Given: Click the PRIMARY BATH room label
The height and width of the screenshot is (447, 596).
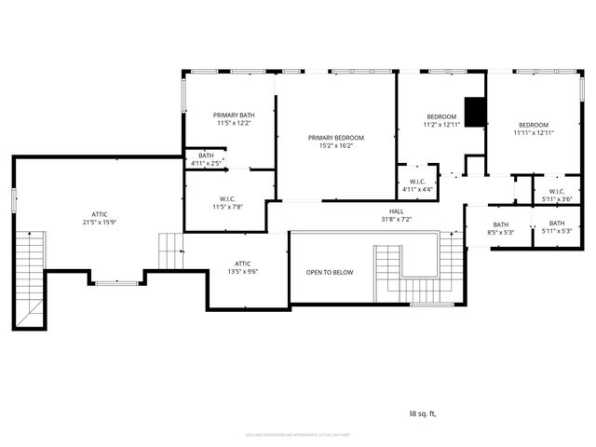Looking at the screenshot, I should pyautogui.click(x=233, y=115).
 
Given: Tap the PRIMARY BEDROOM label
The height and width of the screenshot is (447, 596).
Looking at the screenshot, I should pyautogui.click(x=336, y=138).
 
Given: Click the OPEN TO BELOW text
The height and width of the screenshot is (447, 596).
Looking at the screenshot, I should pyautogui.click(x=330, y=272).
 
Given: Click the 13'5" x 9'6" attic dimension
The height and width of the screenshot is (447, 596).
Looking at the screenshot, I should pyautogui.click(x=242, y=271).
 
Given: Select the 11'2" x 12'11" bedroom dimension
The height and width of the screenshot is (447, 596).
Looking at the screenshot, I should pyautogui.click(x=442, y=124).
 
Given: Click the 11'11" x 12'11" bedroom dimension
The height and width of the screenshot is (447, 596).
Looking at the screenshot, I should pyautogui.click(x=534, y=133).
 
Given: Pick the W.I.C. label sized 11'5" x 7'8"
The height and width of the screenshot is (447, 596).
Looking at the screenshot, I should pyautogui.click(x=227, y=206).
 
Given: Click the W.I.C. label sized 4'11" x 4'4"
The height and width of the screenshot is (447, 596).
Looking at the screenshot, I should pyautogui.click(x=416, y=189).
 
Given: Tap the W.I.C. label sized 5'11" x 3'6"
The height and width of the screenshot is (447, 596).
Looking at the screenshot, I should pyautogui.click(x=557, y=198).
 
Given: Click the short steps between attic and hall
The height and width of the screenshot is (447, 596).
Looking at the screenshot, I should pyautogui.click(x=170, y=250).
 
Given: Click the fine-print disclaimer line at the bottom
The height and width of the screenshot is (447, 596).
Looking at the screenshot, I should pyautogui.click(x=297, y=434).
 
